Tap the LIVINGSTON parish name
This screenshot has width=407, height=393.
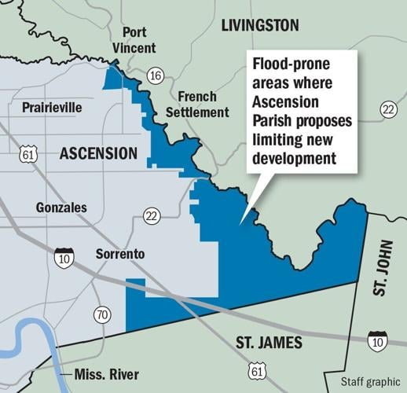point(259,25)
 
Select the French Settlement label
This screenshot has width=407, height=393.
point(203,105)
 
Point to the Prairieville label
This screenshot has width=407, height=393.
point(51,107)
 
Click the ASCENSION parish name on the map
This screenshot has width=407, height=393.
point(98,153)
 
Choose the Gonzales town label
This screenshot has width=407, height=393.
point(62,208)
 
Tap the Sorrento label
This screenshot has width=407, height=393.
point(119,255)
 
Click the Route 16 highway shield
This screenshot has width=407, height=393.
point(155,75)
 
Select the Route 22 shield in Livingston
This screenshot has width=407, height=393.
point(387,110)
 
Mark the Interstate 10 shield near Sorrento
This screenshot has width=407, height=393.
point(64,256)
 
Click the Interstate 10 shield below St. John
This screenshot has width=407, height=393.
point(376,340)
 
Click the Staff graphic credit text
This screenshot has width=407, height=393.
point(371,382)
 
